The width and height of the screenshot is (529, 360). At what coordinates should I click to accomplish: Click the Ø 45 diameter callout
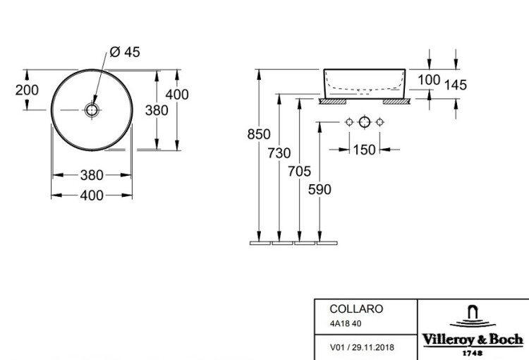point(125,52)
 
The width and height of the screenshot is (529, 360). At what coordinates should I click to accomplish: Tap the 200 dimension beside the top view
point(27,90)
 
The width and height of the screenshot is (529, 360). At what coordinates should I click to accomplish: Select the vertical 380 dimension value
point(157,110)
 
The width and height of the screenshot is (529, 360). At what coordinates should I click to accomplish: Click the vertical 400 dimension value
point(177,95)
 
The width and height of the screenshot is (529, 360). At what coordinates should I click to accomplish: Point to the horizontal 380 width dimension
point(92,175)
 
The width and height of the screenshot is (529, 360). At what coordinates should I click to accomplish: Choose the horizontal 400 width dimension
point(92,196)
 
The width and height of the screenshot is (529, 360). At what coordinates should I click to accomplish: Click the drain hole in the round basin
point(92,110)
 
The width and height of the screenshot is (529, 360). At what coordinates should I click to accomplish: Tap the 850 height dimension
point(259,134)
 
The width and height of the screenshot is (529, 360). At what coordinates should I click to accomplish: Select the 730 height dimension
point(279,153)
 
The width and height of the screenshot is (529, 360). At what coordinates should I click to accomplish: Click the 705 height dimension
point(299,172)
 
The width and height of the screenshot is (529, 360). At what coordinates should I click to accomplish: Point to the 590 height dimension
point(320,189)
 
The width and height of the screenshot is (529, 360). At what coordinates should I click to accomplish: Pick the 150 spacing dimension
point(365,150)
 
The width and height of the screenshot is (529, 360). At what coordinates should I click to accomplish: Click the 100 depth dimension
point(429,80)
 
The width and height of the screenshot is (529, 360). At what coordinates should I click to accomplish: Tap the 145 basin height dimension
point(456,85)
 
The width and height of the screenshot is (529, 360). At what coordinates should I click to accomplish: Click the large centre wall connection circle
point(365,122)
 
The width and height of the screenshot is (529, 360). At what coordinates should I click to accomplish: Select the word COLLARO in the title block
point(356,308)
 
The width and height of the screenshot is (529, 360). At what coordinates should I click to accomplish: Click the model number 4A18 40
point(346,323)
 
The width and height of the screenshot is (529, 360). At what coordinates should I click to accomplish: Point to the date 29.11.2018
point(373,347)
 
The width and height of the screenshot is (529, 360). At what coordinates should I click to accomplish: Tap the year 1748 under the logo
point(473,353)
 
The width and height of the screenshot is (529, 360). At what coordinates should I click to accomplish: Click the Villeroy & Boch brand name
point(473,340)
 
